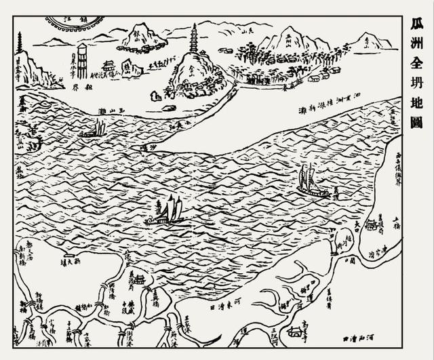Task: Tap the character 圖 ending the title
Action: point(416,123)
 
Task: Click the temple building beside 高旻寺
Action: point(294,332)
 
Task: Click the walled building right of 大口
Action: point(372,225)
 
